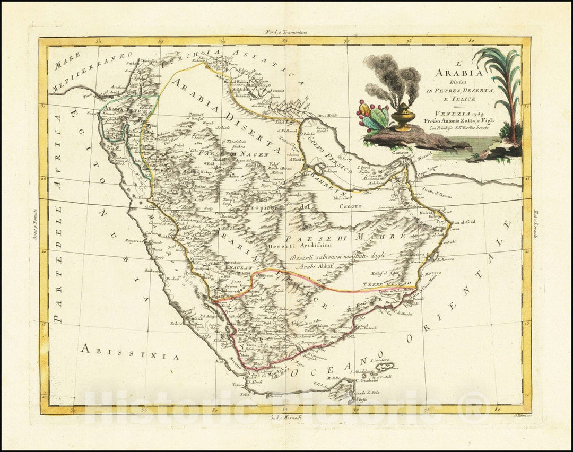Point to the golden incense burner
(x=404, y=116)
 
